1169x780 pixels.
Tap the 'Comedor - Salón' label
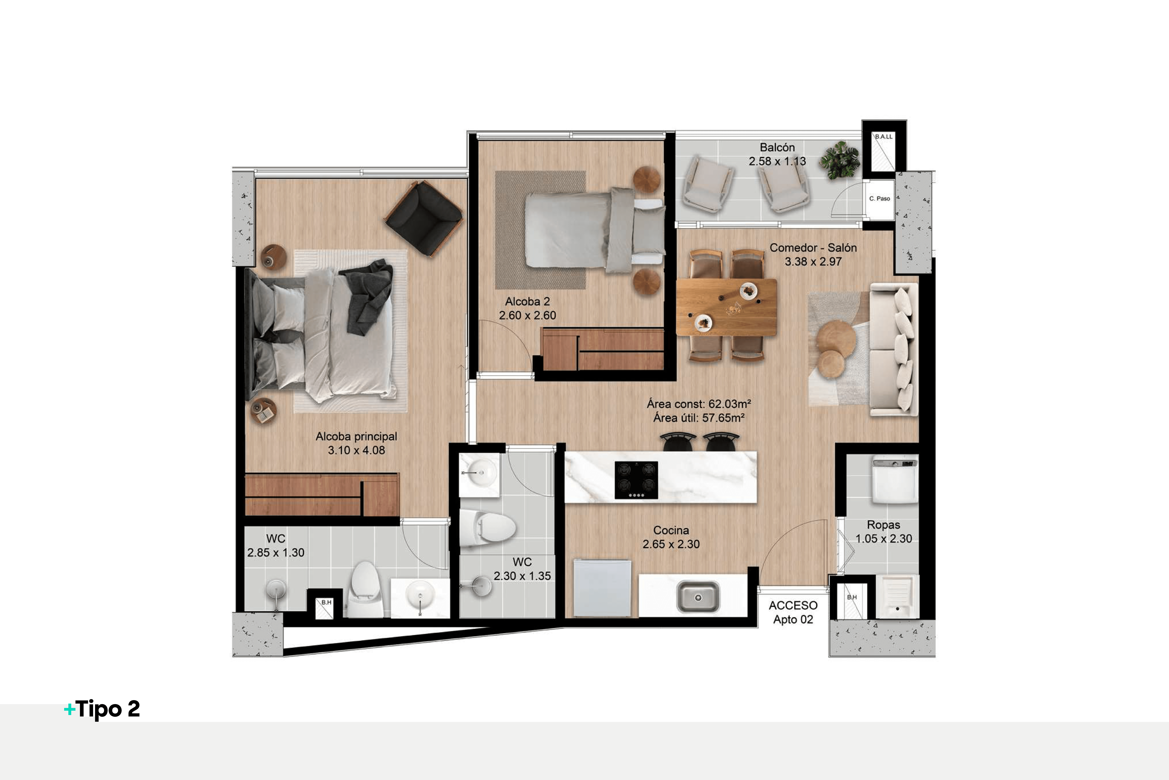point(813,248)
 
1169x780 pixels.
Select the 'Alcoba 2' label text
point(527,302)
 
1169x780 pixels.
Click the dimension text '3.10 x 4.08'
point(356,450)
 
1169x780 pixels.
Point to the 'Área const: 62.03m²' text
point(698,404)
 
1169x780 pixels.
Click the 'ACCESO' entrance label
point(793,605)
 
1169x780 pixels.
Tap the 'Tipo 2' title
point(107,709)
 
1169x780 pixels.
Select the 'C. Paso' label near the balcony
point(879,198)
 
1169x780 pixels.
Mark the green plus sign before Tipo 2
point(69,709)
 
